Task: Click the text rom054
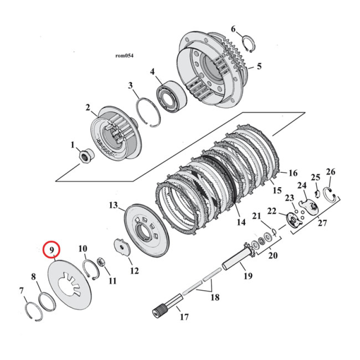pos(124,56)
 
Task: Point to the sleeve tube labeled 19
pos(236,261)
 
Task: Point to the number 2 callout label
pos(88,108)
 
